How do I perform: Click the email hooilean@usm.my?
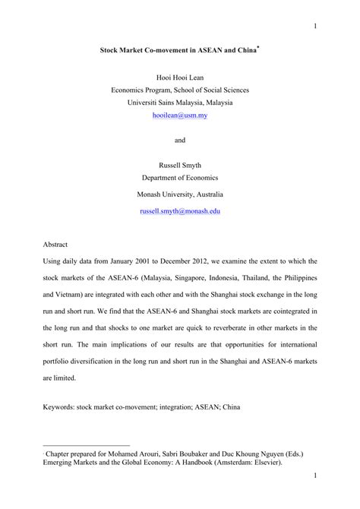pyautogui.click(x=180, y=115)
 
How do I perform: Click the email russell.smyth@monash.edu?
pyautogui.click(x=180, y=210)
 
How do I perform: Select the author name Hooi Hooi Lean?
pyautogui.click(x=180, y=77)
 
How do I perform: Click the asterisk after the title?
pyautogui.click(x=259, y=47)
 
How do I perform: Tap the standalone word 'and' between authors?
pyautogui.click(x=180, y=140)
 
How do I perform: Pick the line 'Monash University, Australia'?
pyautogui.click(x=180, y=194)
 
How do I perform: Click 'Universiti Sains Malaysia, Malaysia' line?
pyautogui.click(x=180, y=103)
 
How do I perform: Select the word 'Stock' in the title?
pyautogui.click(x=112, y=52)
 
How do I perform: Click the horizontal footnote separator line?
pyautogui.click(x=87, y=446)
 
